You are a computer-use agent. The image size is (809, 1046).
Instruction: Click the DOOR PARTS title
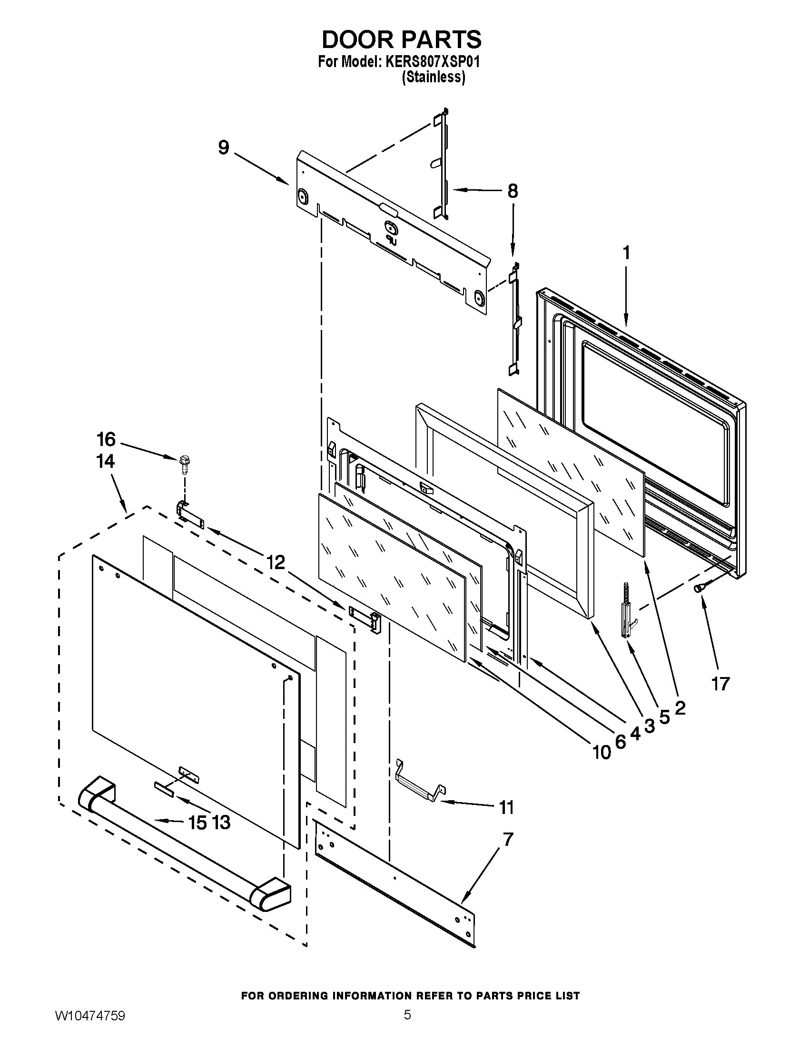[x=401, y=40]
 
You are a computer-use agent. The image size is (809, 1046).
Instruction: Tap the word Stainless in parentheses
[x=433, y=77]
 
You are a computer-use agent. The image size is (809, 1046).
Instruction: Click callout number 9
[x=223, y=147]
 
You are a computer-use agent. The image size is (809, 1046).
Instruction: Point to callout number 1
[x=626, y=253]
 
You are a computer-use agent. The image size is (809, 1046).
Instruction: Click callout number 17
[x=720, y=684]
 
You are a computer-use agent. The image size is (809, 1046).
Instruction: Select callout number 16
[x=106, y=438]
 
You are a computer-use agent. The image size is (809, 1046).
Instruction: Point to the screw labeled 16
[x=183, y=463]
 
